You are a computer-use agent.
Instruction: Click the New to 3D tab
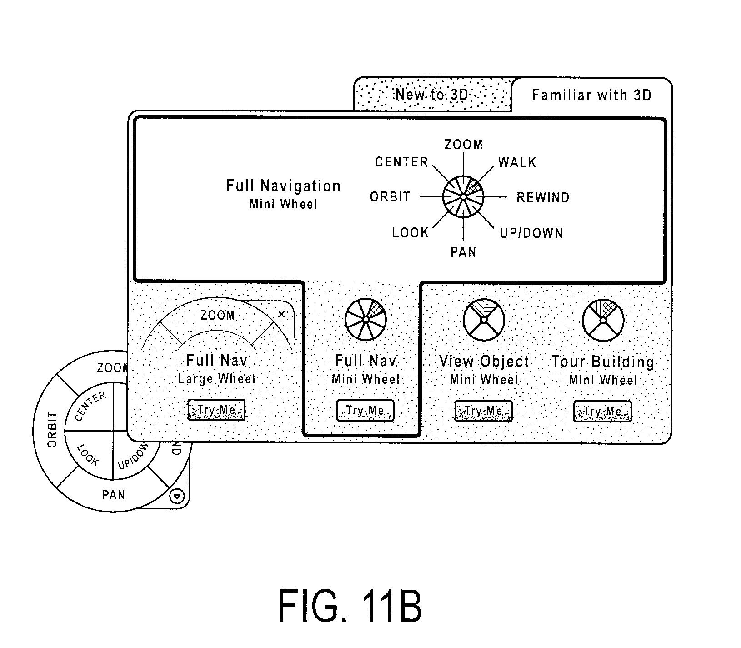coord(432,94)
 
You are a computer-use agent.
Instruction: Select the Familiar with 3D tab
coord(591,95)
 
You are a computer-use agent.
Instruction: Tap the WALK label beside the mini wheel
coord(517,162)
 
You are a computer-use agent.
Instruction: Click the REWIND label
coord(543,197)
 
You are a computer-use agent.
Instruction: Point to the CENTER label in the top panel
coord(401,162)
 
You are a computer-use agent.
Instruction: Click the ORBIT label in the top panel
coord(390,197)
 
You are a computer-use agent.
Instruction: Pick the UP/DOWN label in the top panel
coord(531,233)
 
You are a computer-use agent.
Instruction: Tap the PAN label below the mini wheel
coord(463,252)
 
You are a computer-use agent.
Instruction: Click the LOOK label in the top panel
coord(410,233)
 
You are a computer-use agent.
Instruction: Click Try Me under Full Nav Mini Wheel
coord(365,411)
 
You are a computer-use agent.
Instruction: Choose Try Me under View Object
coord(483,411)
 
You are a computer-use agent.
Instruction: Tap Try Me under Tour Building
coord(602,412)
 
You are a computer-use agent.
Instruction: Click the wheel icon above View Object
coord(484,320)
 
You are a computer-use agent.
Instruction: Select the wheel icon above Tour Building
coord(603,320)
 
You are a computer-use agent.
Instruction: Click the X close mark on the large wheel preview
coord(281,314)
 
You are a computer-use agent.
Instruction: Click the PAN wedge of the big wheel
coord(114,494)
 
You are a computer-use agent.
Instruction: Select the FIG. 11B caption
coord(350,606)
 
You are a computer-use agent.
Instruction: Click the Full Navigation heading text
coord(283,186)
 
